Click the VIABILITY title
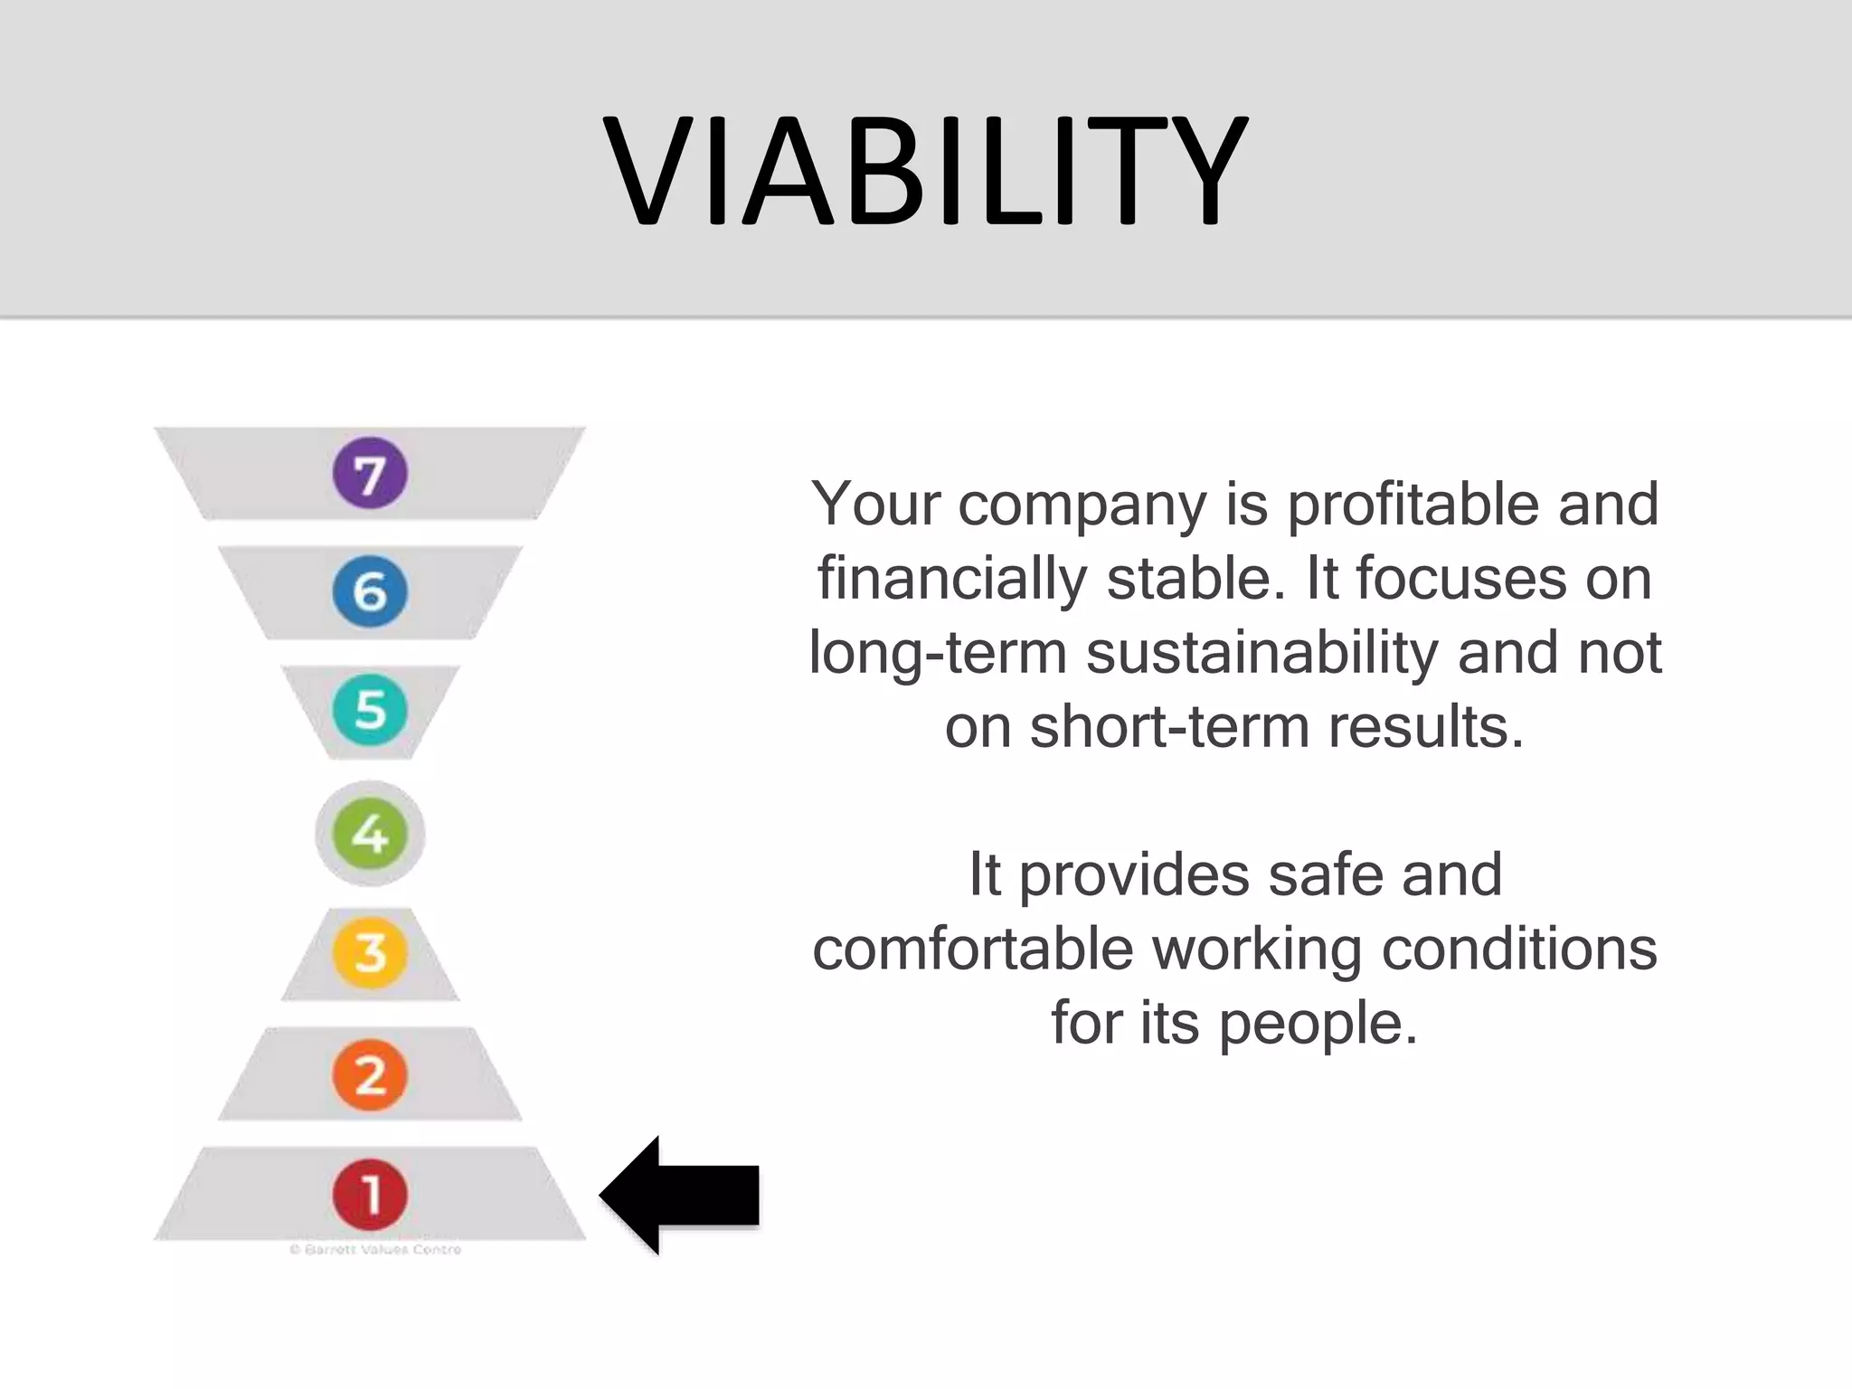point(925,172)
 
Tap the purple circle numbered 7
point(370,473)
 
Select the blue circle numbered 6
point(370,591)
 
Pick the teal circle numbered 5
point(370,710)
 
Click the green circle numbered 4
point(370,833)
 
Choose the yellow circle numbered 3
point(370,952)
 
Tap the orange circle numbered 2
point(370,1074)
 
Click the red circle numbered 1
point(370,1194)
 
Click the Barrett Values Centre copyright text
point(375,1250)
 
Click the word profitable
point(1413,505)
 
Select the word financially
point(952,579)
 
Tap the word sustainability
point(1261,653)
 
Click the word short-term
point(1169,727)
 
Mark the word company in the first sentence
point(1082,506)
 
